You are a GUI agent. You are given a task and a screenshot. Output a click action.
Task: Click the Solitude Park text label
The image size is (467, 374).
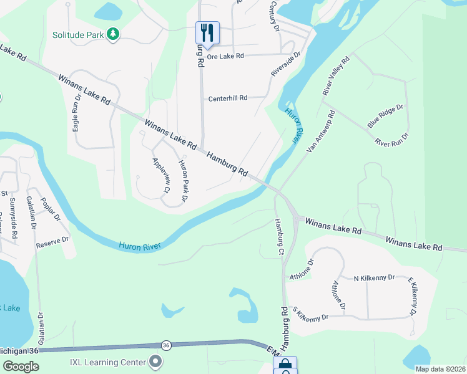click(78, 36)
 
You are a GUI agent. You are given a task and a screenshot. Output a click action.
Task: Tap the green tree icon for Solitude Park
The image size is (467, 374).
click(113, 34)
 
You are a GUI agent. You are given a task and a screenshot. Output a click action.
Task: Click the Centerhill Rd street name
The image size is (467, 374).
click(228, 98)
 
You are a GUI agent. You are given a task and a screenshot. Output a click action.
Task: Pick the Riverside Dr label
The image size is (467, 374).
click(286, 64)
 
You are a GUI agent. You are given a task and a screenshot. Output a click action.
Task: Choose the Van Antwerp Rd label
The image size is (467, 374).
click(322, 132)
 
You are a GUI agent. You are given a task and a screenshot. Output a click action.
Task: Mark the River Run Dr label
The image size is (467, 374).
click(391, 138)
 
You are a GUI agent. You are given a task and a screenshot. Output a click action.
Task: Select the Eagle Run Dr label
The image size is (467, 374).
click(77, 112)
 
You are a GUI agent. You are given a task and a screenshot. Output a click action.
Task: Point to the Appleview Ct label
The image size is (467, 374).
click(161, 175)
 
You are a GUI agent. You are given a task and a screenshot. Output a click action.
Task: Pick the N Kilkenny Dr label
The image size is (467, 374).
click(375, 277)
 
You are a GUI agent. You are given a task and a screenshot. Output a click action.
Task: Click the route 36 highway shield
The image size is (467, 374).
click(165, 345)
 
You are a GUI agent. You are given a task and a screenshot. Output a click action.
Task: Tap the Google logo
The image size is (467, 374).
click(21, 367)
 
